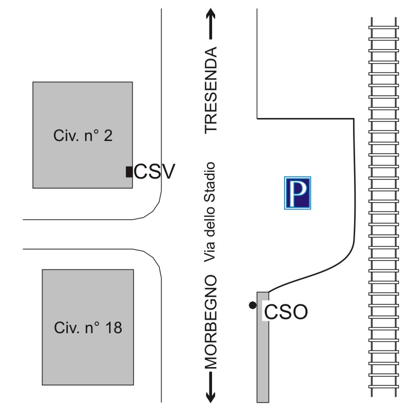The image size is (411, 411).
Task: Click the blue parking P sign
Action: pos(298,193)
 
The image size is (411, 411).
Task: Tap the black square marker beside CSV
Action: pos(129,172)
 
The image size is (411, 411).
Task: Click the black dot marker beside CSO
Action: pos(252,305)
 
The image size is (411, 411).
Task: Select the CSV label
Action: pos(154,171)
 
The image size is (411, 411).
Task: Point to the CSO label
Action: pos(286,312)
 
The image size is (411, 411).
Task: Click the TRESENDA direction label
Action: pos(211,90)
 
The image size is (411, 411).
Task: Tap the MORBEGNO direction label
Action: pos(211,322)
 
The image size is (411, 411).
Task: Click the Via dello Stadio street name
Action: pos(210,212)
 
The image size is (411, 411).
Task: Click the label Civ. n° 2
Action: pos(83,135)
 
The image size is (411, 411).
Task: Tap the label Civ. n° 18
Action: pos(88,327)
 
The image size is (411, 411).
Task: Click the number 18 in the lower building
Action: pos(114,327)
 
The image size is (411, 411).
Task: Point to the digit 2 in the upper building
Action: pos(108,136)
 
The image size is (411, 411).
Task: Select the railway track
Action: pos(383,207)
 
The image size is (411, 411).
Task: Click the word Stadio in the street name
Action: pos(210,182)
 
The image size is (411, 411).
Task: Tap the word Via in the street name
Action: pos(209,252)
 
